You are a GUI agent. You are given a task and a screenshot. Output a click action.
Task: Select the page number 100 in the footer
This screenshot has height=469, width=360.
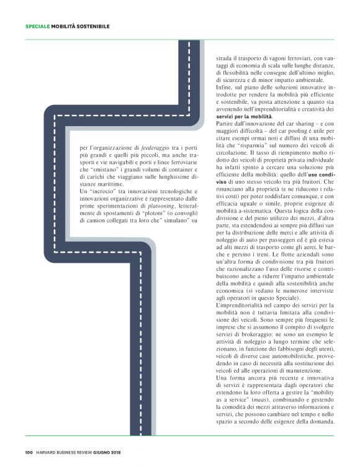click(x=29, y=452)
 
